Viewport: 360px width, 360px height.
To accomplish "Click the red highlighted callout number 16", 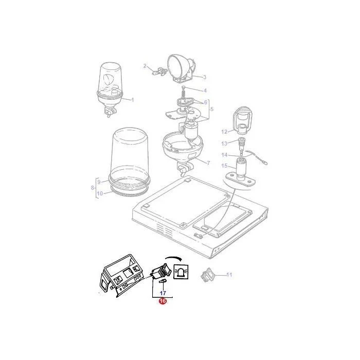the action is point(163,301).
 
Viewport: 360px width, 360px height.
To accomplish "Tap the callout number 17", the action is point(163,293).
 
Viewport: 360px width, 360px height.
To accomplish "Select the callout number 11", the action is point(229,275).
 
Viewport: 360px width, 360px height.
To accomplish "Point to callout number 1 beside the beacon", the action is point(133,100).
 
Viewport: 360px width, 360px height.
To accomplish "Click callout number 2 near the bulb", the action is point(145,66).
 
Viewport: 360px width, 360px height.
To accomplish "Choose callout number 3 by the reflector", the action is point(204,77).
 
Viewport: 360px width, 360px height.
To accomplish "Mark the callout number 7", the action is point(208,163).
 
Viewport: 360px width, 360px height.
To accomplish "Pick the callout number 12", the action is point(224,132).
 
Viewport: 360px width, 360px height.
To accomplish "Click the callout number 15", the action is point(224,166).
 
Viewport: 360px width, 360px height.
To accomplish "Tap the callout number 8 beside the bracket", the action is point(93,188).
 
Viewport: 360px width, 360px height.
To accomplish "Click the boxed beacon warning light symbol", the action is point(182,272).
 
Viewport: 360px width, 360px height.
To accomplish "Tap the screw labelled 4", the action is point(184,93).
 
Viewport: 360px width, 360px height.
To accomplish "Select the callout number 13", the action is point(224,143).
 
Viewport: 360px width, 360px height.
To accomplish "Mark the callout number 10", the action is point(100,193).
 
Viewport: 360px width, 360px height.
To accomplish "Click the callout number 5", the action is point(212,109).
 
